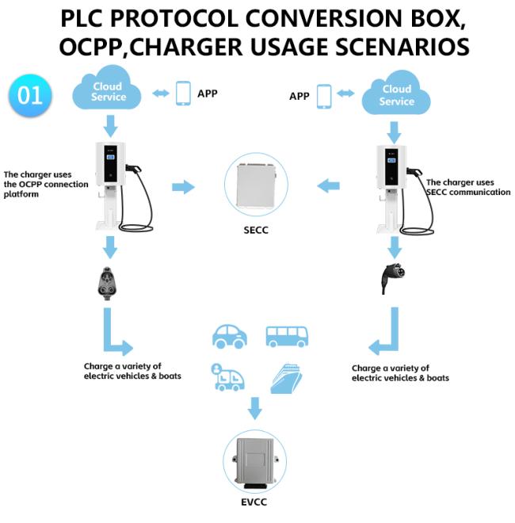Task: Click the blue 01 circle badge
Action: [x=30, y=95]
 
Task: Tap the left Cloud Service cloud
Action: [x=107, y=89]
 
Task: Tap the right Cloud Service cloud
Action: [x=396, y=93]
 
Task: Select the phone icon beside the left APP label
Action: [x=183, y=94]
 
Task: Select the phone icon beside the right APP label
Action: [x=324, y=97]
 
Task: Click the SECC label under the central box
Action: [x=256, y=230]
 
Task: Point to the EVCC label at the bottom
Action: [x=254, y=502]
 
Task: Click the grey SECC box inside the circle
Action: [x=256, y=185]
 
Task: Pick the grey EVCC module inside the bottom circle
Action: [x=255, y=462]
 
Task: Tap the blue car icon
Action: [x=230, y=336]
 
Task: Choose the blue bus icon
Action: [x=287, y=337]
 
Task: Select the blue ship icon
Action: [x=286, y=379]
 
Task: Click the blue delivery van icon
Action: [x=227, y=377]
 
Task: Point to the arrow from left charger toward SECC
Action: [x=183, y=187]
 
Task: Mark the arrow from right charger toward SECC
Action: [x=328, y=185]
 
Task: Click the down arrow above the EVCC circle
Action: [x=255, y=408]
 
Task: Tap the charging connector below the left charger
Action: [x=107, y=284]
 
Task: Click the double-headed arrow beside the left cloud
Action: [x=161, y=94]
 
